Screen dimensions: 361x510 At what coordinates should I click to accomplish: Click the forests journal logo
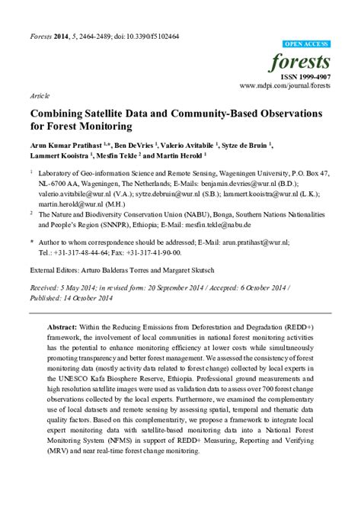(x=306, y=62)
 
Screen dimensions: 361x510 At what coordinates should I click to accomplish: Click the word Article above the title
(x=39, y=98)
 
